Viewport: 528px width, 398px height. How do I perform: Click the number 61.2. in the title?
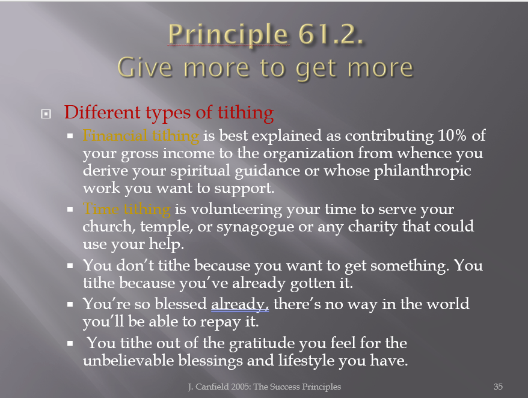[x=331, y=34]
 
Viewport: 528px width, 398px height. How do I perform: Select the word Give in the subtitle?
[x=145, y=68]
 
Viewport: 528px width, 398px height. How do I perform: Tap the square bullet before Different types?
[x=46, y=114]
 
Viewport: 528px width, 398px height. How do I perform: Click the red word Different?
[x=102, y=112]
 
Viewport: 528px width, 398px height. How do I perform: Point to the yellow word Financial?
[x=115, y=135]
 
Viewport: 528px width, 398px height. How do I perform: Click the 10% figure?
[x=452, y=135]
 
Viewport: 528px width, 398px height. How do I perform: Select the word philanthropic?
[x=422, y=171]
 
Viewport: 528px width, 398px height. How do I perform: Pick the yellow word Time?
[x=100, y=209]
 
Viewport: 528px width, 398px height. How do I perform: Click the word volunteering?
[x=236, y=209]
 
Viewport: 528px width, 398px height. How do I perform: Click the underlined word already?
[x=240, y=304]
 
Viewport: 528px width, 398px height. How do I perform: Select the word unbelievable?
[x=128, y=360]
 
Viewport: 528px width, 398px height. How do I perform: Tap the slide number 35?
[x=498, y=387]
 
